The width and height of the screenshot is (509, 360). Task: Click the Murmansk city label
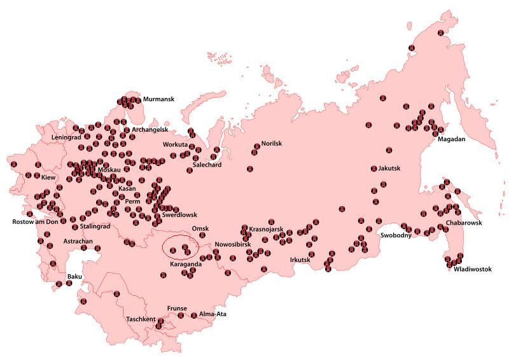(158, 99)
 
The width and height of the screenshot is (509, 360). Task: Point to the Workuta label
(176, 145)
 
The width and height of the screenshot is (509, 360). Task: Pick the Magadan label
(452, 139)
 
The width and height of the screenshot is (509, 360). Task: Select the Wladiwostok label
(472, 269)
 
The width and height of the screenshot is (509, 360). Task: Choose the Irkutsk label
(300, 260)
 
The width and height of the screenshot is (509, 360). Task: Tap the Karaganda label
(186, 263)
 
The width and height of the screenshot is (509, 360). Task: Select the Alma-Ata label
(213, 314)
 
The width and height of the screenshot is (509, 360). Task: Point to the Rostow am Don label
(36, 222)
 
